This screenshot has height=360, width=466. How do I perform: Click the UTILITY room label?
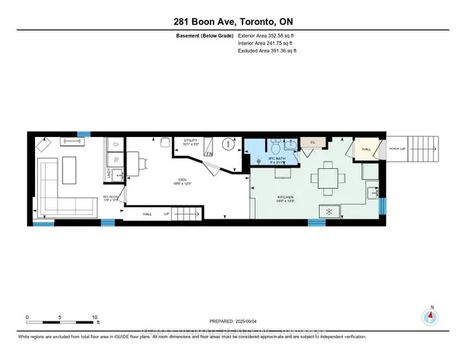191,140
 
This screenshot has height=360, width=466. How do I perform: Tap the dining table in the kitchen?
328,179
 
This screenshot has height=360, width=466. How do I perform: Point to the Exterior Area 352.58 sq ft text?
267,35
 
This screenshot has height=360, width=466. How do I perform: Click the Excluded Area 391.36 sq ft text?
267,51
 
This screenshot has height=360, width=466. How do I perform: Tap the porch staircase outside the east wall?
422,151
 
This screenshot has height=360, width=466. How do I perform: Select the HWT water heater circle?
229,145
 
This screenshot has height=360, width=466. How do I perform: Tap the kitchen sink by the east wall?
374,192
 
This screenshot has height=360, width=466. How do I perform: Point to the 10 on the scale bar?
95,317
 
